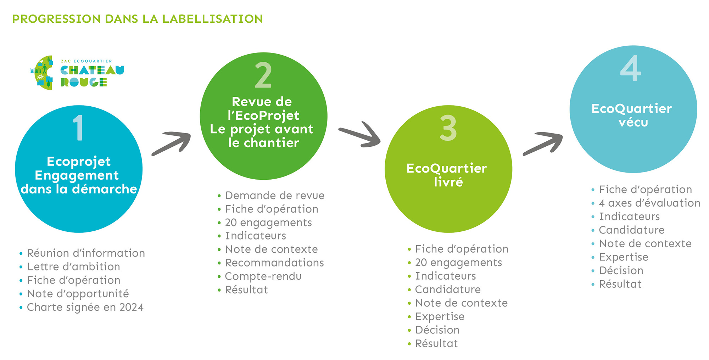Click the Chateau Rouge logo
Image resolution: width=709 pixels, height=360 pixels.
[77, 73]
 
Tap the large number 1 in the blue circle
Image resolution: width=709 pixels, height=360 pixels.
[78, 128]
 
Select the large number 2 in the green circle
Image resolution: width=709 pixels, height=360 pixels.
[263, 75]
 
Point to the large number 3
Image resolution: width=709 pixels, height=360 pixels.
[448, 128]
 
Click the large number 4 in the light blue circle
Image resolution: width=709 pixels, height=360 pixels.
[631, 68]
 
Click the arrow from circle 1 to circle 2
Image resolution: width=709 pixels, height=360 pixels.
[171, 143]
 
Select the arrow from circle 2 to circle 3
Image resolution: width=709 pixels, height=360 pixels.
[359, 135]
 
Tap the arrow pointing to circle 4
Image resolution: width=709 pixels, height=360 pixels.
[543, 144]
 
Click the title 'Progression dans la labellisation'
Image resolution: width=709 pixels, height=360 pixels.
[138, 19]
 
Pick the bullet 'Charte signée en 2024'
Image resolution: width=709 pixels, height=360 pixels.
[85, 307]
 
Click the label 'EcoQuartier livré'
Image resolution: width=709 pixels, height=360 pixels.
[447, 175]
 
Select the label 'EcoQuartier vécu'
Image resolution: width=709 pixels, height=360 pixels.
[632, 115]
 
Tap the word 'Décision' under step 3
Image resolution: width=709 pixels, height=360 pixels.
[437, 330]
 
